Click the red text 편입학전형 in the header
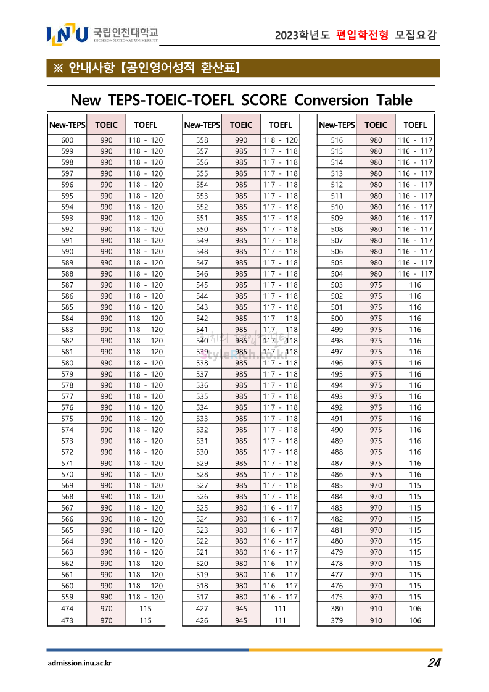[x=363, y=35]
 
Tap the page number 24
[x=434, y=663]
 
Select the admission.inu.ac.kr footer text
[x=80, y=664]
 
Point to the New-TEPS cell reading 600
[x=67, y=140]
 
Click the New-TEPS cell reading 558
[x=202, y=140]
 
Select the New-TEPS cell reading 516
[x=337, y=140]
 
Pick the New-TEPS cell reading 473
[x=67, y=620]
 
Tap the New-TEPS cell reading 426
[x=202, y=620]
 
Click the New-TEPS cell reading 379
[x=337, y=620]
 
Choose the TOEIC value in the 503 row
[x=376, y=285]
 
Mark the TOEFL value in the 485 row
[x=415, y=485]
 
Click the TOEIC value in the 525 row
[x=241, y=507]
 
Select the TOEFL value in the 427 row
[x=280, y=608]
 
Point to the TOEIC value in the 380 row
[x=376, y=608]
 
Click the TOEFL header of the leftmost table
[x=146, y=125]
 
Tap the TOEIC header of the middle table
[x=241, y=125]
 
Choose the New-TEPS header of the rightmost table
[x=337, y=125]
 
